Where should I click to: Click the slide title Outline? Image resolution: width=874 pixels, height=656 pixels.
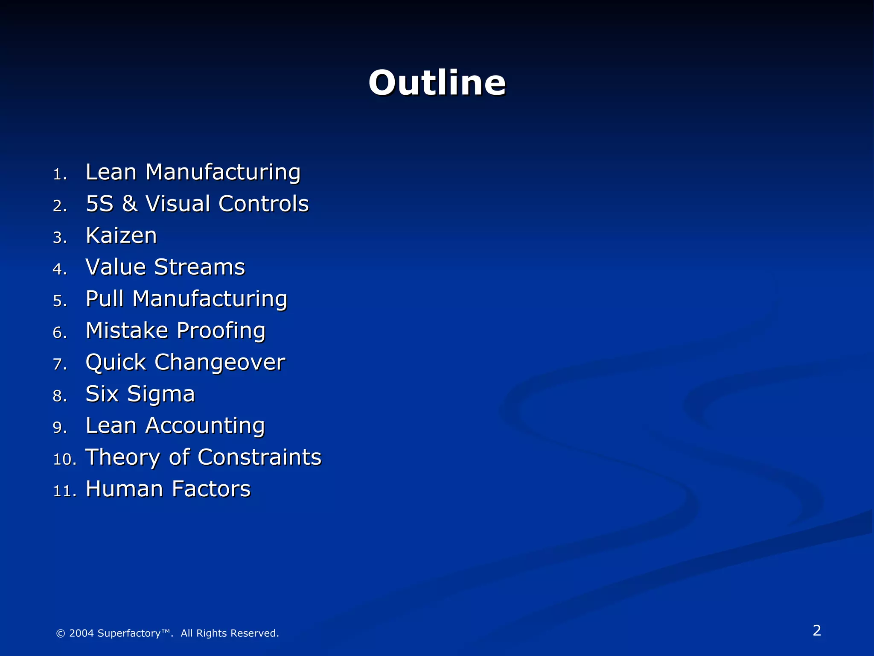[437, 83]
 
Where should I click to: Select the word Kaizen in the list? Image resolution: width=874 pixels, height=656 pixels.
[121, 236]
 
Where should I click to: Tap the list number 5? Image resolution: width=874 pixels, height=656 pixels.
[59, 301]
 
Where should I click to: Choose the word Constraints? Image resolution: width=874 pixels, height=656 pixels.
[259, 457]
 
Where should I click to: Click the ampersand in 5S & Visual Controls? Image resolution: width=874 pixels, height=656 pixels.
[129, 204]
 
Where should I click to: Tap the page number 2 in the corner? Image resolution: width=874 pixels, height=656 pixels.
[817, 630]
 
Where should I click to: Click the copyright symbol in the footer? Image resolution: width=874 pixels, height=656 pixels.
[61, 633]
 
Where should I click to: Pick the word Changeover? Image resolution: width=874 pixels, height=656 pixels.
[219, 363]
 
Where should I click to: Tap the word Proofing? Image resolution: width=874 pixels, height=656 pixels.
[221, 331]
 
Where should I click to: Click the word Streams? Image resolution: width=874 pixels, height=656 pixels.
[199, 267]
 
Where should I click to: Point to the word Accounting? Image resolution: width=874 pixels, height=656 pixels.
[205, 426]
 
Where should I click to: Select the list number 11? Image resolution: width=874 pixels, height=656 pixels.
[64, 491]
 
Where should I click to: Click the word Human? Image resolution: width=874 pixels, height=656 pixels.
[124, 489]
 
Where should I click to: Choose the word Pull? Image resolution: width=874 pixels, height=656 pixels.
[105, 299]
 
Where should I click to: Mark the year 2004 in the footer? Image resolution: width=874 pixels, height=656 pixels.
[81, 633]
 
